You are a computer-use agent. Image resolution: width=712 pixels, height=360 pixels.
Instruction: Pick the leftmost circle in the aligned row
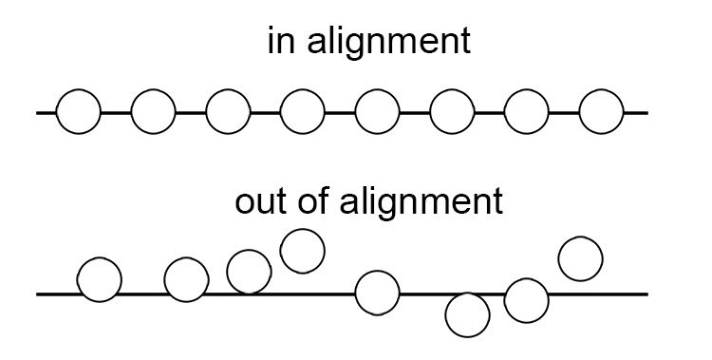pos(78,113)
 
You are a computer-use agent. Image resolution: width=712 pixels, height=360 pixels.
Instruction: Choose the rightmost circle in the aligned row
pos(600,113)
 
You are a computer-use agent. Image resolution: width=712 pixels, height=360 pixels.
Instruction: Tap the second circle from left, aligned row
pos(153,113)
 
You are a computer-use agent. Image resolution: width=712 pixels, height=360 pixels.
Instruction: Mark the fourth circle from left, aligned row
pos(302,113)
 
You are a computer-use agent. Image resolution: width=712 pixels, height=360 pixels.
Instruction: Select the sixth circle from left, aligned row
pos(452,113)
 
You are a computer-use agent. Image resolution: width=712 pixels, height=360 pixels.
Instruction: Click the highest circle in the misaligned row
pos(303,251)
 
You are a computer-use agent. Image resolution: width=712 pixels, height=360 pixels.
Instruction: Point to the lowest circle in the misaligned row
pos(467,314)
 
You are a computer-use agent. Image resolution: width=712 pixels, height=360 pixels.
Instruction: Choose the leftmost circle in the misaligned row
pos(99,280)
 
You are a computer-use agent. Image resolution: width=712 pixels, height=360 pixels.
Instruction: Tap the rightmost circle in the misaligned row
pos(580,258)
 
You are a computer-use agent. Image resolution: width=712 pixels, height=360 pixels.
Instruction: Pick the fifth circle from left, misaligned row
pos(377,293)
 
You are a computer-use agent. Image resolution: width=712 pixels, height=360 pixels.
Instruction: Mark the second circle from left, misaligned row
pos(186,279)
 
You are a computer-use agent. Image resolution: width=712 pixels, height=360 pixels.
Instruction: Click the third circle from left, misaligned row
pos(249,272)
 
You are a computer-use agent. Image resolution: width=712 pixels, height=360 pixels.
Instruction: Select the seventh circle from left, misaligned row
pos(526,300)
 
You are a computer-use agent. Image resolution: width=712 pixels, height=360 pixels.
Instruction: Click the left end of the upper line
pos(38,113)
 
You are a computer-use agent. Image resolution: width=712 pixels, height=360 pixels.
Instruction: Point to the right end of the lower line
pos(646,294)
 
